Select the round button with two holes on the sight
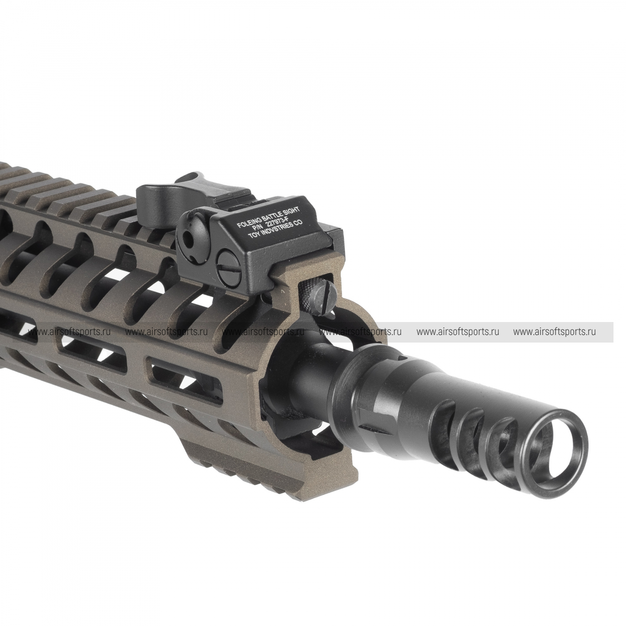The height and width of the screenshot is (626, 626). [189, 231]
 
